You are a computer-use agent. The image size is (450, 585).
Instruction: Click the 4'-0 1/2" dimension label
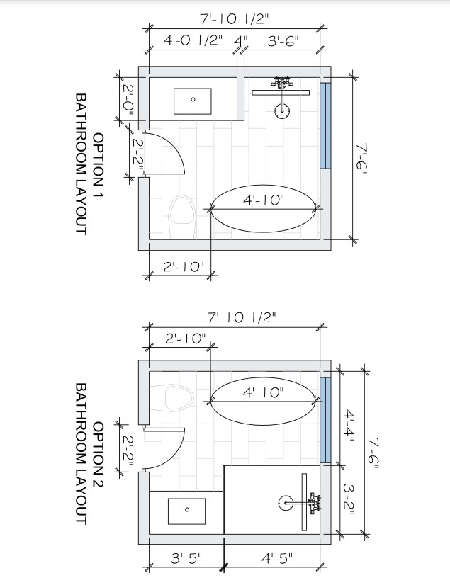tap(193, 40)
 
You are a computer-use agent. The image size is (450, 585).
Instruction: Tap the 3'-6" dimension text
tap(283, 40)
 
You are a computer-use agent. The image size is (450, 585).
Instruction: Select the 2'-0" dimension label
tap(128, 99)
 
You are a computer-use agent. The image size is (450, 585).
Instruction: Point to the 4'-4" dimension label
tap(349, 426)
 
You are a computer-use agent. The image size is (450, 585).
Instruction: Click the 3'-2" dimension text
tap(349, 499)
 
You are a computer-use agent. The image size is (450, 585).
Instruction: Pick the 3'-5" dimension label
tap(186, 559)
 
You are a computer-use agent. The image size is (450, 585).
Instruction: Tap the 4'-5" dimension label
tap(277, 559)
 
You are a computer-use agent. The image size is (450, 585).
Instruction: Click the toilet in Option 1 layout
tap(183, 217)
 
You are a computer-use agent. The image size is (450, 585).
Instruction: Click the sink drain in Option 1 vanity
tap(193, 99)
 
